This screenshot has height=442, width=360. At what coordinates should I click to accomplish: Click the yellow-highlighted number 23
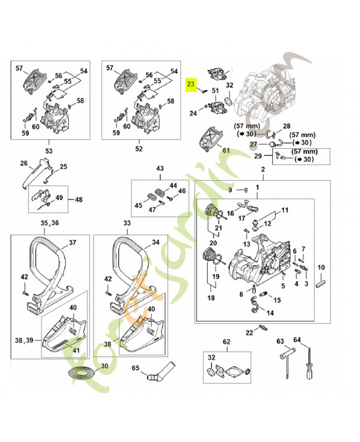tap(190, 85)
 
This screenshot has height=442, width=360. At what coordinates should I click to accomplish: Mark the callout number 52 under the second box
tap(139, 149)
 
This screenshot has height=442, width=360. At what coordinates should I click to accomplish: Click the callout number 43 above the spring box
tap(160, 168)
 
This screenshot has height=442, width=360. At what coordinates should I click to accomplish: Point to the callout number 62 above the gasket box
tap(226, 342)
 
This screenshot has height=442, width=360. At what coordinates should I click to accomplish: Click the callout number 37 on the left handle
tap(72, 242)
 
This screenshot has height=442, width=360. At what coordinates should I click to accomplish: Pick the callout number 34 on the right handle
tap(156, 242)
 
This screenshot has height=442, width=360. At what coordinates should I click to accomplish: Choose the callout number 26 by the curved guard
tap(23, 163)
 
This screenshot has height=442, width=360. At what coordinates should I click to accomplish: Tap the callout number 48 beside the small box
tap(78, 199)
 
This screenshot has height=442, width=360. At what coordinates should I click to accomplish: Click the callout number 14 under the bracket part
tap(270, 312)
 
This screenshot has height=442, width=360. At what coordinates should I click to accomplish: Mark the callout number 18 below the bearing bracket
tap(210, 298)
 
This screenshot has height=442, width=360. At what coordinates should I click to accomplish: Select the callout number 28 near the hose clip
tap(287, 127)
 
